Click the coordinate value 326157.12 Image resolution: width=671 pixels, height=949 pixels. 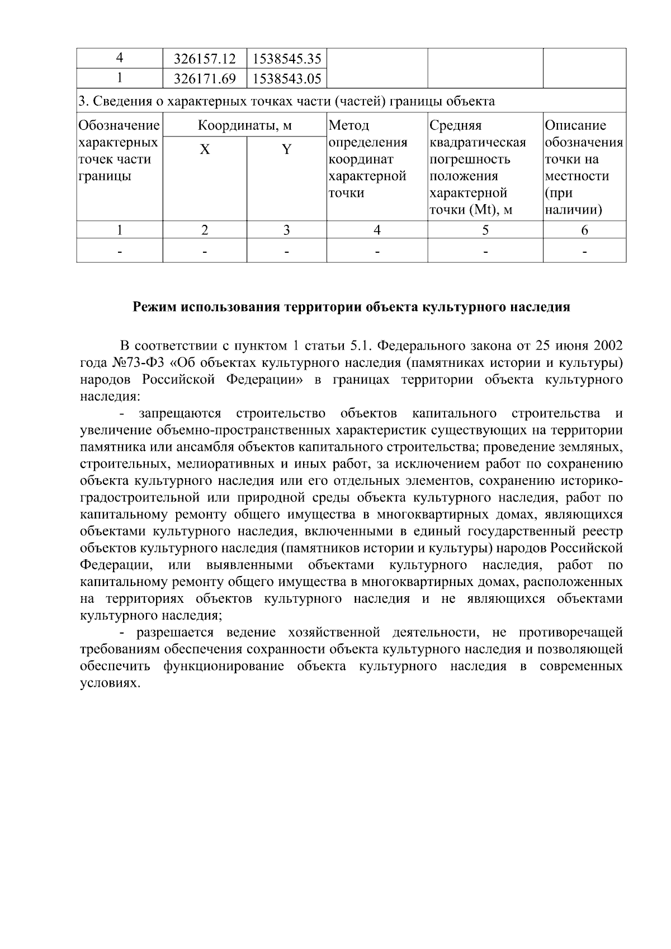pos(205,59)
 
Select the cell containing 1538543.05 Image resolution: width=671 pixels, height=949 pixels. pos(286,79)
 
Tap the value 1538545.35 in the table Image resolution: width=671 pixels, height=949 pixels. pos(286,59)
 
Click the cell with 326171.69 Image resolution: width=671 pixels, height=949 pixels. pos(205,79)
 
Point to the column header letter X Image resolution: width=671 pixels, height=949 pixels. pos(205,150)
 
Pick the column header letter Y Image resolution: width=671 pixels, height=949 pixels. pos(286,150)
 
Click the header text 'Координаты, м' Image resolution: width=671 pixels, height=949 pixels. pos(245,125)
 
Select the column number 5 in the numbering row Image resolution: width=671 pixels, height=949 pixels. pos(485,230)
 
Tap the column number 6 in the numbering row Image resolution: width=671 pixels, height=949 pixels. pos(584,230)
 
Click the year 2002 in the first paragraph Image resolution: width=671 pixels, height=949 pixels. pos(606,345)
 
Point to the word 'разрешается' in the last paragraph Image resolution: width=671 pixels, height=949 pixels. pos(175,632)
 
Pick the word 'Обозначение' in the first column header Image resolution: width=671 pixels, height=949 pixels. pos(119,125)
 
